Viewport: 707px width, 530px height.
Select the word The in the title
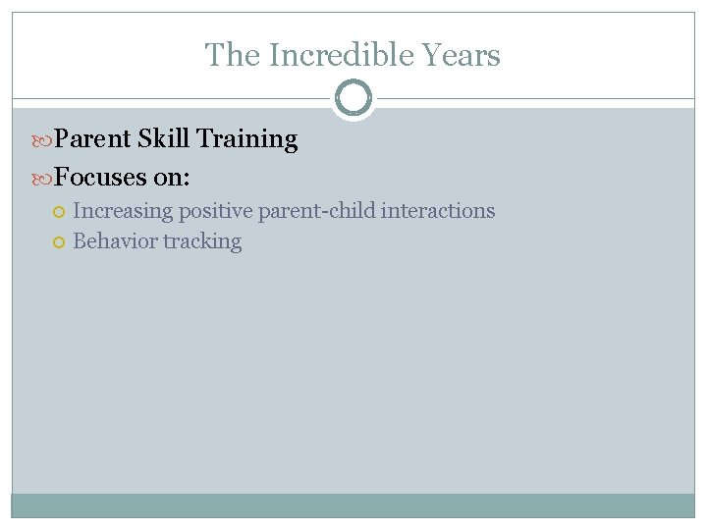(233, 56)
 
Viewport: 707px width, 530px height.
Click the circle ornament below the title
(353, 98)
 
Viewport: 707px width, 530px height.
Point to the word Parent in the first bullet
(92, 139)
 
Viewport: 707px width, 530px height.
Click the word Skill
(164, 139)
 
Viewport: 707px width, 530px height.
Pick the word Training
(247, 139)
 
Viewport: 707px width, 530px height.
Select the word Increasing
(123, 211)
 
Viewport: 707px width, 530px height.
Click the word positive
(214, 211)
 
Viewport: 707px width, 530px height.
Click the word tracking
(202, 241)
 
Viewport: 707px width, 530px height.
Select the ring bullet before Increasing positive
(61, 212)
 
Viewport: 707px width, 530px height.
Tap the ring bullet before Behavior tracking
(61, 242)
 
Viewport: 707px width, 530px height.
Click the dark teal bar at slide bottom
(353, 504)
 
